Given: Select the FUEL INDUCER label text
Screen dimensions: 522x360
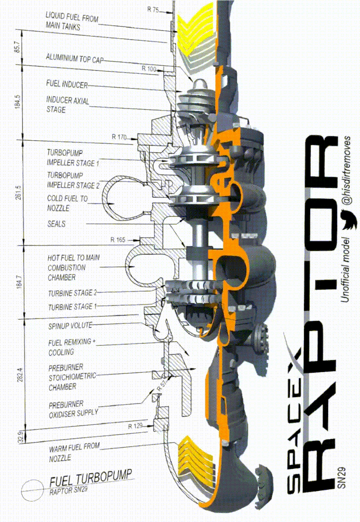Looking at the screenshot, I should click(x=67, y=85).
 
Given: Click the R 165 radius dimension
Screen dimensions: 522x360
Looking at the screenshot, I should click(x=117, y=240).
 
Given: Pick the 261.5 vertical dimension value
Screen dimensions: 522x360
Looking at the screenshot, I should click(x=18, y=192).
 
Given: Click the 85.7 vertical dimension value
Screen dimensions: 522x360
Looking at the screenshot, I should click(x=18, y=47).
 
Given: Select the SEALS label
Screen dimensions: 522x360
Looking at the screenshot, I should click(x=56, y=223).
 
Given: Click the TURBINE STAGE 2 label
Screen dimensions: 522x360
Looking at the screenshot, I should click(x=72, y=293).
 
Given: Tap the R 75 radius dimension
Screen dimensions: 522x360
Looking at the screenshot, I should click(x=153, y=9).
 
